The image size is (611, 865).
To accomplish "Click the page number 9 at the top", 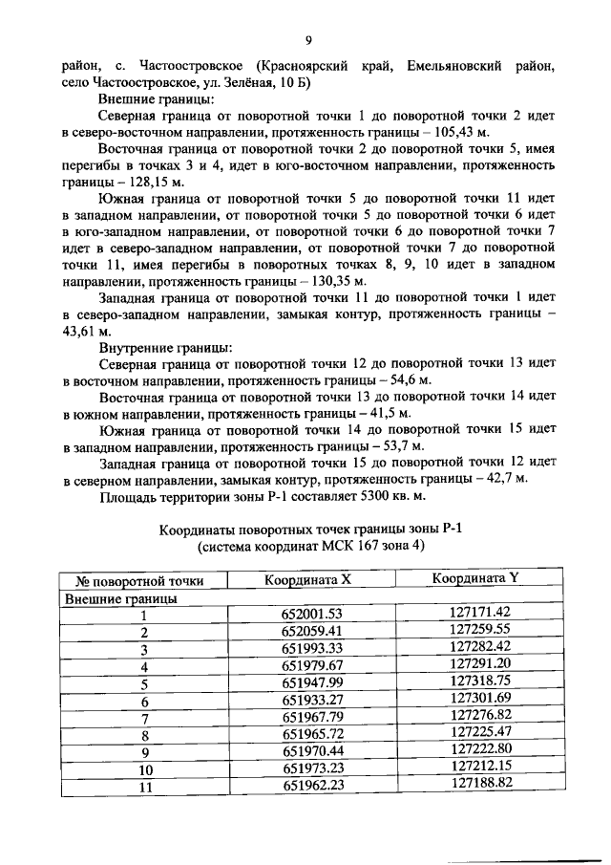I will click(x=307, y=39).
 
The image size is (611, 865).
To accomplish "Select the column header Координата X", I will click(x=307, y=579).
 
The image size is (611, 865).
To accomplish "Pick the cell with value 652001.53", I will click(x=311, y=614).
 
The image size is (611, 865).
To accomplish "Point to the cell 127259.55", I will click(x=480, y=630).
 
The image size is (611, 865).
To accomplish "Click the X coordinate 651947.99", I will click(x=311, y=682).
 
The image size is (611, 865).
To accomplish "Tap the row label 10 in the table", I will click(x=145, y=768).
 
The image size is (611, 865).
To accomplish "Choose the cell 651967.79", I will click(x=311, y=717).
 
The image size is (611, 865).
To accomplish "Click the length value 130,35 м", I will click(x=332, y=281).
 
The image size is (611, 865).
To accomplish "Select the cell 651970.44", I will click(x=311, y=751).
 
